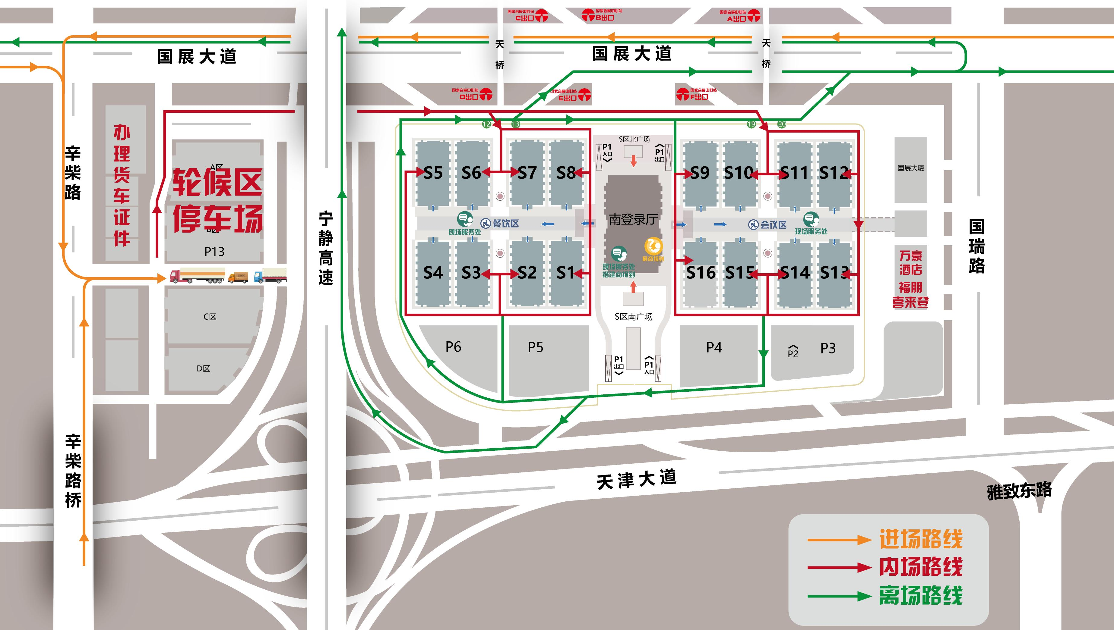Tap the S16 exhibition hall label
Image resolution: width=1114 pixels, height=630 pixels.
point(701,273)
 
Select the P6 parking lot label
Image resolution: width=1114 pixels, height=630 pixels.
point(453,346)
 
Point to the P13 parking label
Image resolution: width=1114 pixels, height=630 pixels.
point(214,251)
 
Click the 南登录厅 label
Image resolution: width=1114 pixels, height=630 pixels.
point(633,220)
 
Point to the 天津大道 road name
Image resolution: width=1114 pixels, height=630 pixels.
point(636,479)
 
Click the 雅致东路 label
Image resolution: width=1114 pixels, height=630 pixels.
point(1019,491)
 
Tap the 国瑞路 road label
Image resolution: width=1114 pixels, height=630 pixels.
point(977,246)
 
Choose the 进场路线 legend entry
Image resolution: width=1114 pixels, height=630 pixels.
point(920,539)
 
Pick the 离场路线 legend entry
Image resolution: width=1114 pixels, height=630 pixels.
point(920,595)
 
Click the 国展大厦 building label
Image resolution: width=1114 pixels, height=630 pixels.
point(911,168)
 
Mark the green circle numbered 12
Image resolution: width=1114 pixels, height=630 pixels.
point(486,124)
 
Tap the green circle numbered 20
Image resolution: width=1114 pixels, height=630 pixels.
point(781,124)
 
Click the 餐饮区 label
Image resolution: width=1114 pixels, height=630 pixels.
point(505,223)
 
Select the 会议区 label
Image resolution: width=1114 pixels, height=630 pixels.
point(773,224)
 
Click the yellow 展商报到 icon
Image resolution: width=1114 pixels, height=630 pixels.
point(653,247)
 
